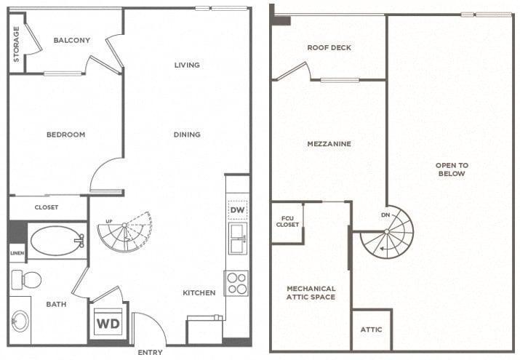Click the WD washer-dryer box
coord(108,323)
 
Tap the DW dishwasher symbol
coord(237,210)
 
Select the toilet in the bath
coord(26,280)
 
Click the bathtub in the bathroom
coord(57,241)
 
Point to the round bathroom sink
coord(20,321)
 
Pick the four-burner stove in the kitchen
coord(236,284)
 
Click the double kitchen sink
coord(237,239)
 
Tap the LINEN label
coord(17,253)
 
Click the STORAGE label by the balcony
coord(16,44)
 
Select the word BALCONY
coord(71,40)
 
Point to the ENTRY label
coord(150,353)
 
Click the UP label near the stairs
coord(109,221)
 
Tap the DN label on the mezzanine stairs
coord(385,215)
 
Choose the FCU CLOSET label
coord(287,221)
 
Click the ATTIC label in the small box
coord(371,329)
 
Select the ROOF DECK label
coord(329,48)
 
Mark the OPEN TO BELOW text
coord(452,169)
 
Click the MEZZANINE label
coord(329,144)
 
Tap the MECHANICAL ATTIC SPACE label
coord(311,292)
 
